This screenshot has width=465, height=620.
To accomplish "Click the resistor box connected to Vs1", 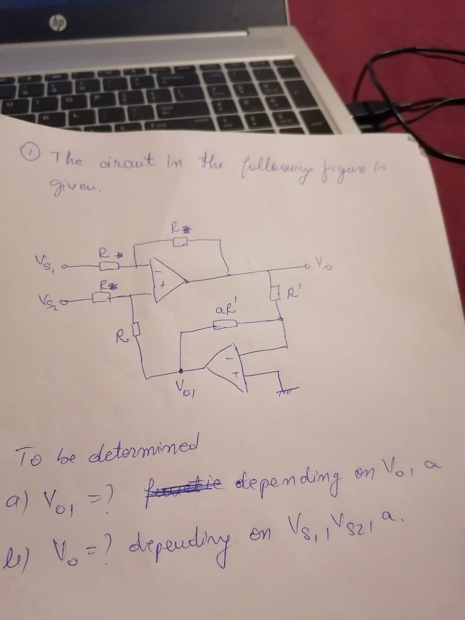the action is coord(108,266).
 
